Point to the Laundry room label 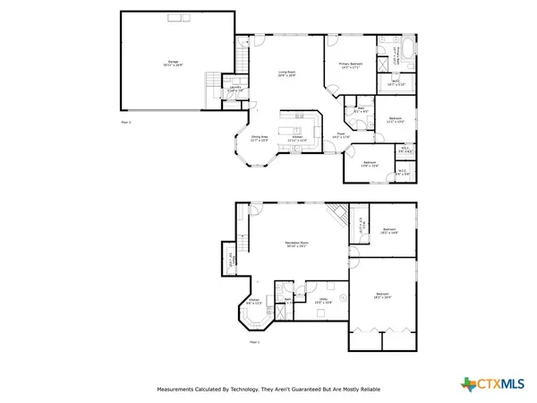coord(234,88)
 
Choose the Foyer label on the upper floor coord(341,135)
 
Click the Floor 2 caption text coord(126,119)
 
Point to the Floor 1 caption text coord(253,342)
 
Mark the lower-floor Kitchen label coord(253,302)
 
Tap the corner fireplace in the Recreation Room coord(336,214)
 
